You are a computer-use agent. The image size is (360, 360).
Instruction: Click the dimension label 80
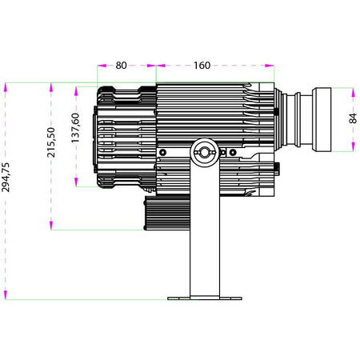(121, 66)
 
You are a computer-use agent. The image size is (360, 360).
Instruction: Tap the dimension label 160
(202, 66)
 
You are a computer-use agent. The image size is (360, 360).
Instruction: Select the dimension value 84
(353, 118)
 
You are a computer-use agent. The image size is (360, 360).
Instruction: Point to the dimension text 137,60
(76, 128)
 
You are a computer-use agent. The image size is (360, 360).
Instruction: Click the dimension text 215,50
(51, 142)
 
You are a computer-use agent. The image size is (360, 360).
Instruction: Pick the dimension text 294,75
(6, 177)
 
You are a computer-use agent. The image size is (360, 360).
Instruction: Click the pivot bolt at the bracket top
(205, 152)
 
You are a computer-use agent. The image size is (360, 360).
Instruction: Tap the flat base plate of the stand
(205, 298)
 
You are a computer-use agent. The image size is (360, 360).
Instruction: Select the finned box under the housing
(167, 213)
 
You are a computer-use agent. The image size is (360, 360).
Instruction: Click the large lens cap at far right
(322, 120)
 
